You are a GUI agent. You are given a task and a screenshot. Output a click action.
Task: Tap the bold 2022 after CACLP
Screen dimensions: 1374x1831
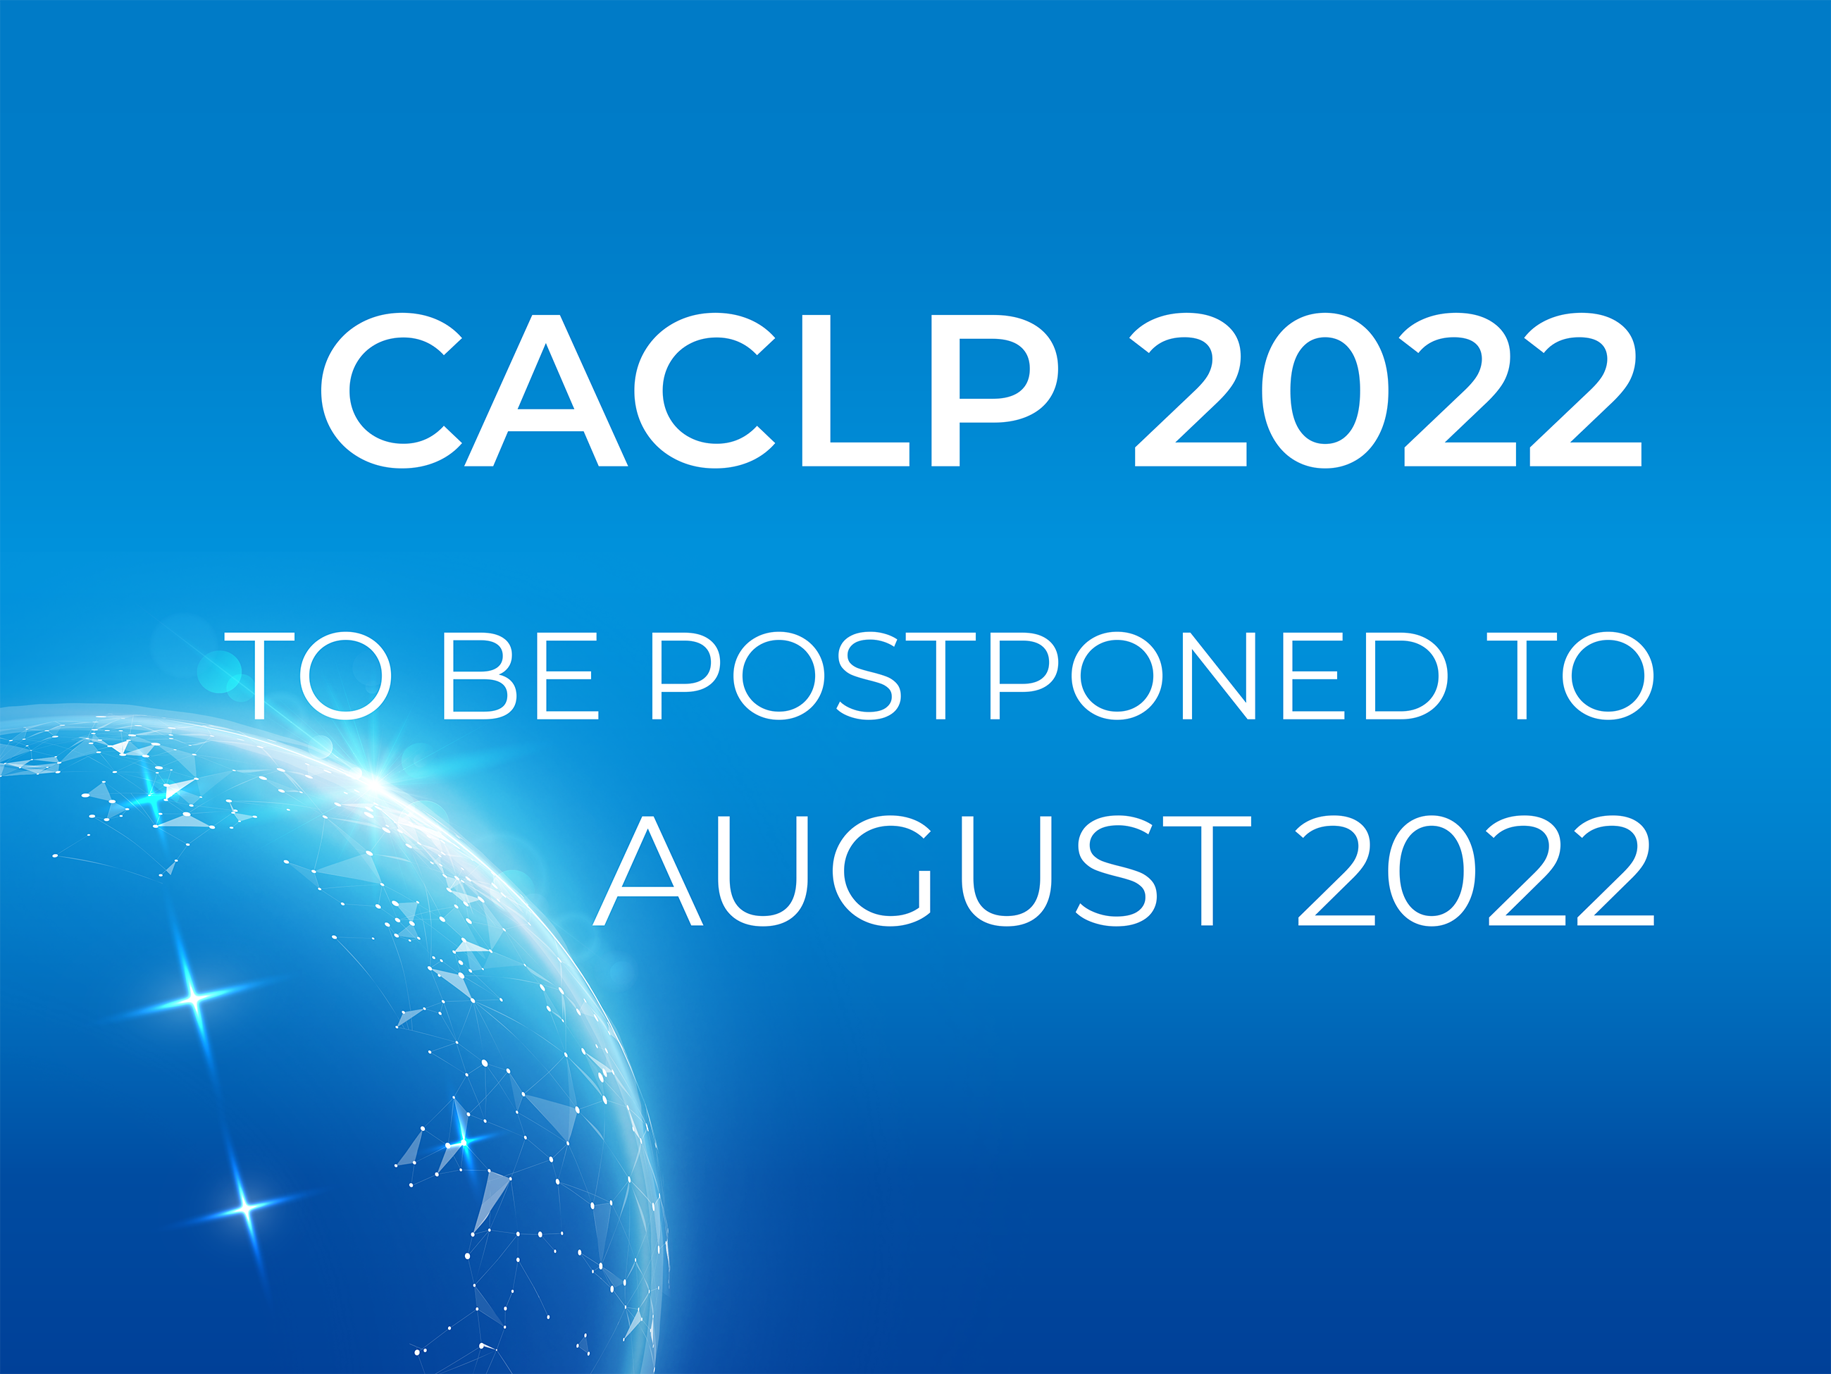point(1387,390)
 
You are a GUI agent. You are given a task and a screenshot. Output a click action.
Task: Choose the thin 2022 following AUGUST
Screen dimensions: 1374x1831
point(1475,871)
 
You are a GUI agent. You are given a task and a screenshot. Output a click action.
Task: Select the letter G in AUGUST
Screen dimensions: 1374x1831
point(884,871)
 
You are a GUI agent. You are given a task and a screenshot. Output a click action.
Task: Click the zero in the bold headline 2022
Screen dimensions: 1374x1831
point(1325,390)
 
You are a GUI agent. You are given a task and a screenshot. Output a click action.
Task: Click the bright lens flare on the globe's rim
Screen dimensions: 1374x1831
point(374,780)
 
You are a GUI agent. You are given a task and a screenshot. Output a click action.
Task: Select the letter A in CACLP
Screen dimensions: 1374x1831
point(545,390)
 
